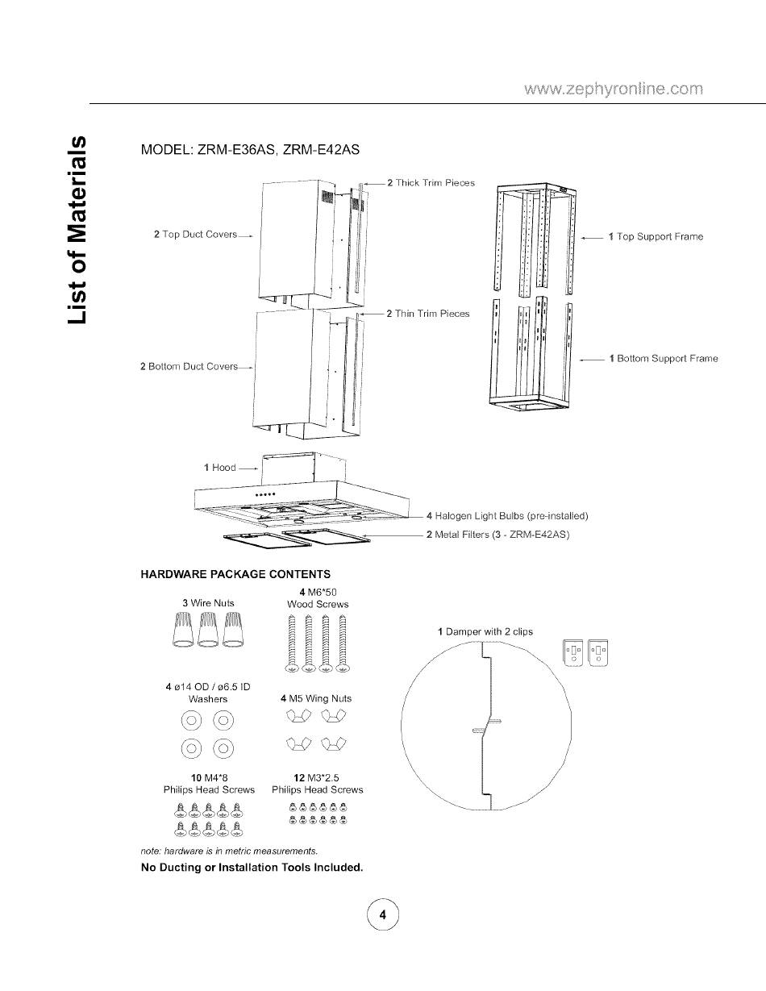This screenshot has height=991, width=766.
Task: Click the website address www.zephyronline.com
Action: (x=614, y=88)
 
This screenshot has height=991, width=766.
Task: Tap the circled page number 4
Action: (x=383, y=914)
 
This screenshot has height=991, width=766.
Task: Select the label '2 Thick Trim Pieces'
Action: (x=431, y=183)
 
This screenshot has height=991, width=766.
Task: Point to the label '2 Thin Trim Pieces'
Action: (x=427, y=314)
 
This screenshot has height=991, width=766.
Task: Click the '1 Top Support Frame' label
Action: (x=656, y=237)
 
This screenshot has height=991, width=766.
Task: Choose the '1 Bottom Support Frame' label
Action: (x=663, y=358)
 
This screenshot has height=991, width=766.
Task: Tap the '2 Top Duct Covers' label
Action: (x=195, y=235)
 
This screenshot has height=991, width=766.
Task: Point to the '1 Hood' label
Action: (x=219, y=468)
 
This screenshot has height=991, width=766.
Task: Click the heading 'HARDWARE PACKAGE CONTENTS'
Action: (x=235, y=574)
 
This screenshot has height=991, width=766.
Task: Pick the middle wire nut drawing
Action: (x=209, y=629)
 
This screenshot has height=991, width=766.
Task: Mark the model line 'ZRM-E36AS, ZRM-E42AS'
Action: (x=250, y=151)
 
